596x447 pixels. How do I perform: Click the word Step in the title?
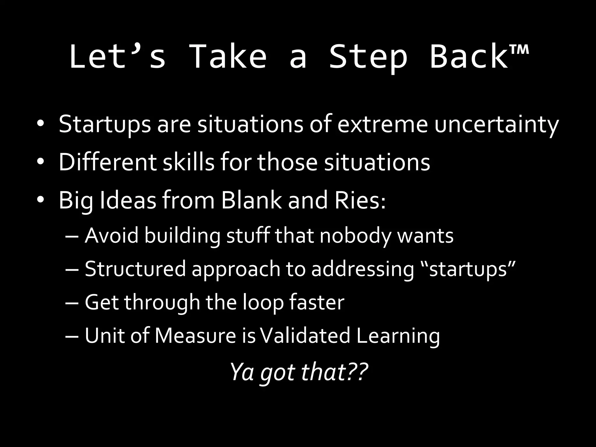[x=368, y=57]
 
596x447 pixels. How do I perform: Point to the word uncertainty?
[x=496, y=125]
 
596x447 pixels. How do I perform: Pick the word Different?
[x=107, y=162]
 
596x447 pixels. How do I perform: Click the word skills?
[x=188, y=162]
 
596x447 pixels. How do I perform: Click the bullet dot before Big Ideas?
[x=40, y=200]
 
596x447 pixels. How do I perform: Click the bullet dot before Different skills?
[x=40, y=162]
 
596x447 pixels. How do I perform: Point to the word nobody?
[x=355, y=235]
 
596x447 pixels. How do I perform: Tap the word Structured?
[x=135, y=269]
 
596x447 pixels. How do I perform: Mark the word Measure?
[x=195, y=336]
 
